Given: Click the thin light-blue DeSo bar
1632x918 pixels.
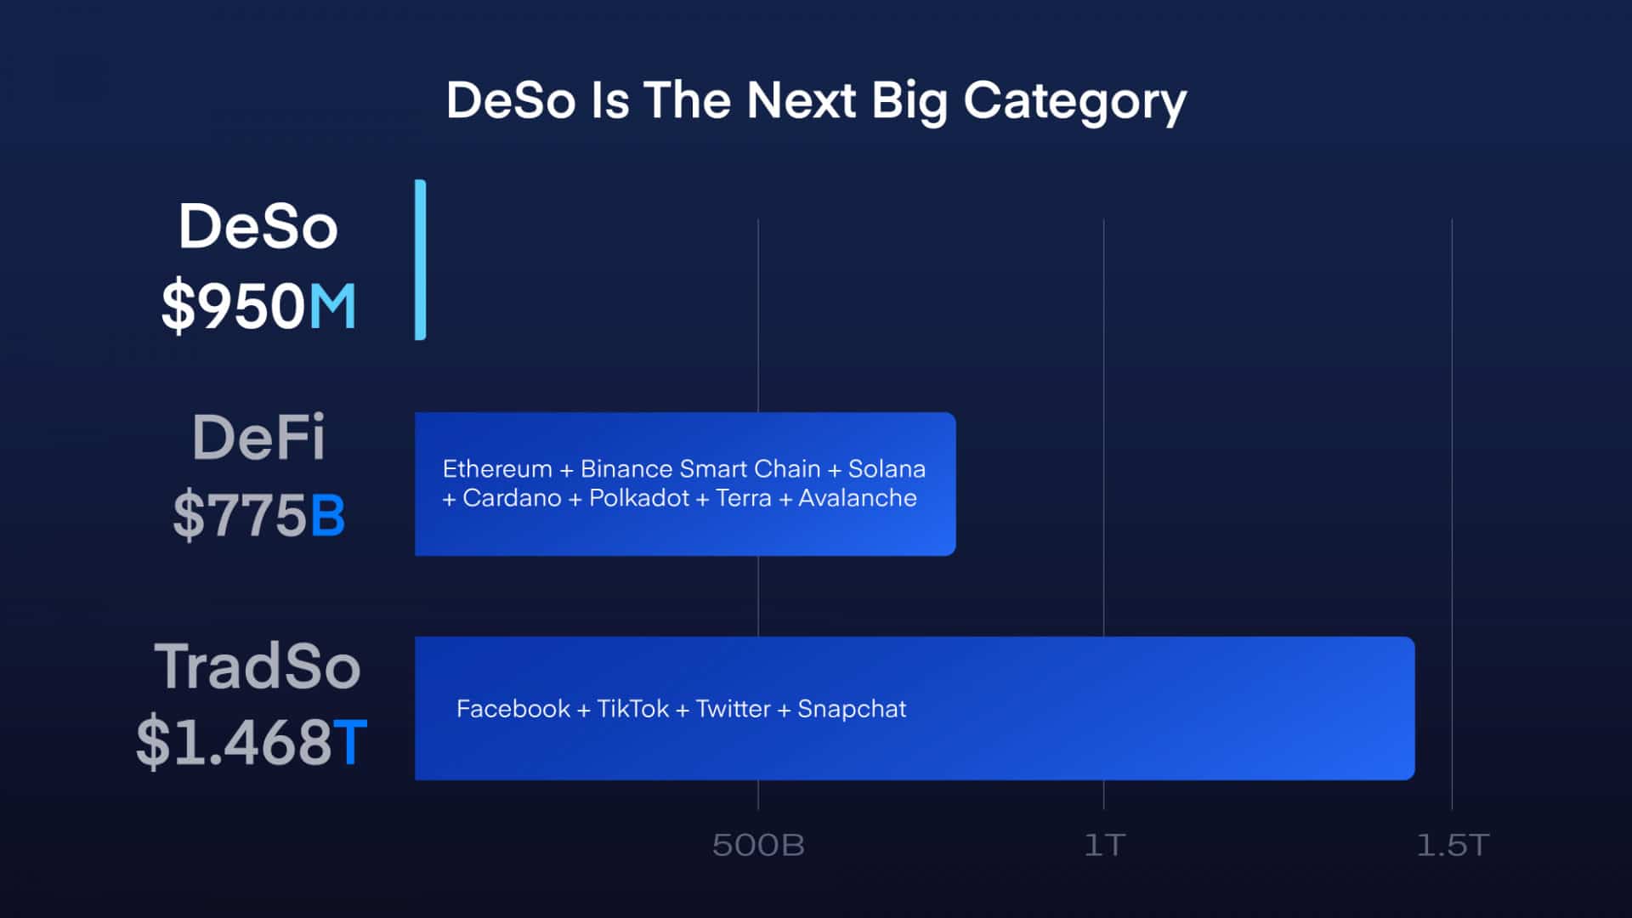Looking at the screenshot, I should pos(420,260).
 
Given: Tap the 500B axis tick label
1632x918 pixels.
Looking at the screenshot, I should pos(758,845).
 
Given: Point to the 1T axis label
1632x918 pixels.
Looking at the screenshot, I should pos(1104,845).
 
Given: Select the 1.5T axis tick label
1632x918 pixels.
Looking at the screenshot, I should pos(1453,845).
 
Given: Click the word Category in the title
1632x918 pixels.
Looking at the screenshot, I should pos(1074,102).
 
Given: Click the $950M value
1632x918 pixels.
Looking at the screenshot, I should pos(258,306).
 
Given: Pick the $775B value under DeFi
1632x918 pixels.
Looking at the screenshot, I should pos(258,515).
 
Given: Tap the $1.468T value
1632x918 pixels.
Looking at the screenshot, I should pos(252,742).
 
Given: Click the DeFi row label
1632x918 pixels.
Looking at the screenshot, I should pos(258,438).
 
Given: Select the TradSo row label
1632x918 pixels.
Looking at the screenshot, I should pos(257,666).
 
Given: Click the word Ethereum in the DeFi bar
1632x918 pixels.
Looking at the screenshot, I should pos(497,469).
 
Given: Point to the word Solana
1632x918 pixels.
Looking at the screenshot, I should pos(887,469).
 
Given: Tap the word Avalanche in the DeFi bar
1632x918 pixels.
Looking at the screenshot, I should pos(857,498).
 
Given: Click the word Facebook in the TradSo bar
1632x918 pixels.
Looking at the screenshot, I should pos(513,709).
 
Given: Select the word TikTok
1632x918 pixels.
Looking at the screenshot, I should pos(632,709).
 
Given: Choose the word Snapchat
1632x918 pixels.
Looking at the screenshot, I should pos(852,709).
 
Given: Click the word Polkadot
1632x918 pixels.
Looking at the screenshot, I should pos(638,498).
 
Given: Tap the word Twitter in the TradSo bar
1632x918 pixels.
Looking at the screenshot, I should pos(733,709).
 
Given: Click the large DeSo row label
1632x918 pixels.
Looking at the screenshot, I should pos(258,227).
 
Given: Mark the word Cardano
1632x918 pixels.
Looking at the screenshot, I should pos(512,498).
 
